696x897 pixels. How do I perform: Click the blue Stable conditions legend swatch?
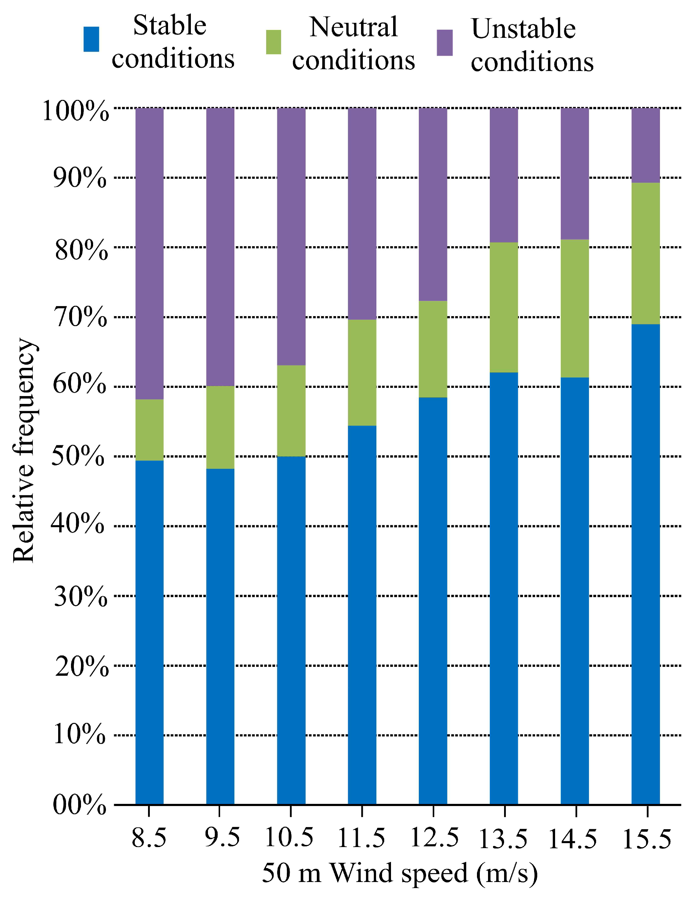pyautogui.click(x=91, y=40)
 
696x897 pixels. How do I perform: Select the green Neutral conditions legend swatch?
pyautogui.click(x=274, y=42)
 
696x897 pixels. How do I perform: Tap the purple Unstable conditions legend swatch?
pyautogui.click(x=445, y=42)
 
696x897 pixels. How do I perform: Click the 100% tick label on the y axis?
pyautogui.click(x=76, y=111)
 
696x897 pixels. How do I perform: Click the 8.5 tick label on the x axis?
pyautogui.click(x=149, y=838)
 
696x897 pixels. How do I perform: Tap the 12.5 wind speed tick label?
pyautogui.click(x=434, y=838)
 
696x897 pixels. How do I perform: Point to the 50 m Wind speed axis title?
pyautogui.click(x=400, y=873)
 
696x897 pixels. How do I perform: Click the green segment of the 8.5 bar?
pyautogui.click(x=149, y=430)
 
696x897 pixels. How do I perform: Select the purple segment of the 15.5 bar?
pyautogui.click(x=645, y=145)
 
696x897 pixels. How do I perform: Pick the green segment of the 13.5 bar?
pyautogui.click(x=504, y=307)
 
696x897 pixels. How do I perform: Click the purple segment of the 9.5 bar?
pyautogui.click(x=220, y=247)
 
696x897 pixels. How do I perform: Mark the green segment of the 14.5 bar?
pyautogui.click(x=575, y=308)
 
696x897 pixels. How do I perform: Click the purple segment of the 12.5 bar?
pyautogui.click(x=433, y=204)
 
